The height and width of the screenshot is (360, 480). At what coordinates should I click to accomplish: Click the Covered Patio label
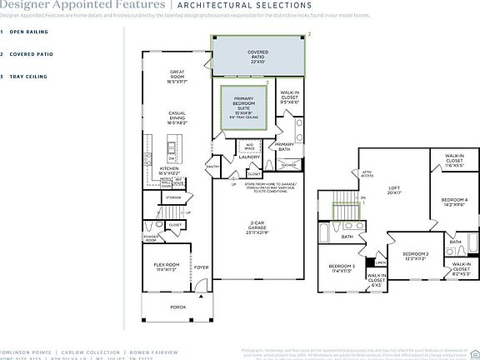point(258,57)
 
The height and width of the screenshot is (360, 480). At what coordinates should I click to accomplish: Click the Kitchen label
point(169,171)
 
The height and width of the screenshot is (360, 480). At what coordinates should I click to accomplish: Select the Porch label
point(177,307)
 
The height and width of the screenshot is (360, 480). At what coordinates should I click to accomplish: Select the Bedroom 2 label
point(415,256)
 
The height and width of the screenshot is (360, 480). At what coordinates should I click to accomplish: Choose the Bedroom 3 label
point(342,268)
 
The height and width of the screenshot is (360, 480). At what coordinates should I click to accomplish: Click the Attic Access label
point(366,173)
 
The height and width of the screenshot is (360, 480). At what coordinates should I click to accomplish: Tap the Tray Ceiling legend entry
point(29,77)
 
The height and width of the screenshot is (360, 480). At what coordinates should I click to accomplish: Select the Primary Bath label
point(285,147)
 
